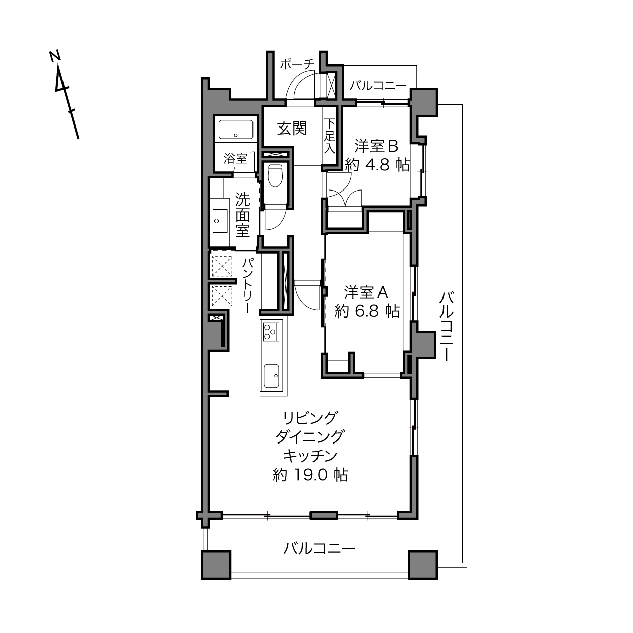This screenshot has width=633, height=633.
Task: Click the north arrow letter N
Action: click(55, 56)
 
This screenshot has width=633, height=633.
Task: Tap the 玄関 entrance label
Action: click(292, 128)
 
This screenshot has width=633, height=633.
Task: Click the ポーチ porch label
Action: click(297, 64)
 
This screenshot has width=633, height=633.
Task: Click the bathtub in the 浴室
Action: click(236, 130)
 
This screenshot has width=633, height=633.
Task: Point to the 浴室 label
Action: click(235, 159)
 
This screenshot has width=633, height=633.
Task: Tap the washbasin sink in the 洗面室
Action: click(220, 221)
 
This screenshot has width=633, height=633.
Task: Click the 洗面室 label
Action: click(242, 215)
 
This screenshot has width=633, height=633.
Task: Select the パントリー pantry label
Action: click(248, 286)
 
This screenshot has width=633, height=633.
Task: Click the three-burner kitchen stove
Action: click(271, 331)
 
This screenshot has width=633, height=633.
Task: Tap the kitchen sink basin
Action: click(271, 376)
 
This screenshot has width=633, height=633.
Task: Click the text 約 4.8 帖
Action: click(377, 164)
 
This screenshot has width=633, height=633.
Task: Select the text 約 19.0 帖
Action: click(310, 475)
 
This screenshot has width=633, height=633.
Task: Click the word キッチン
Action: click(310, 456)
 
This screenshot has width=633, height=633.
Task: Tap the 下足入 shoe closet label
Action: click(330, 136)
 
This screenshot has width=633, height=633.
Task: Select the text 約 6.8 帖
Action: click(367, 311)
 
